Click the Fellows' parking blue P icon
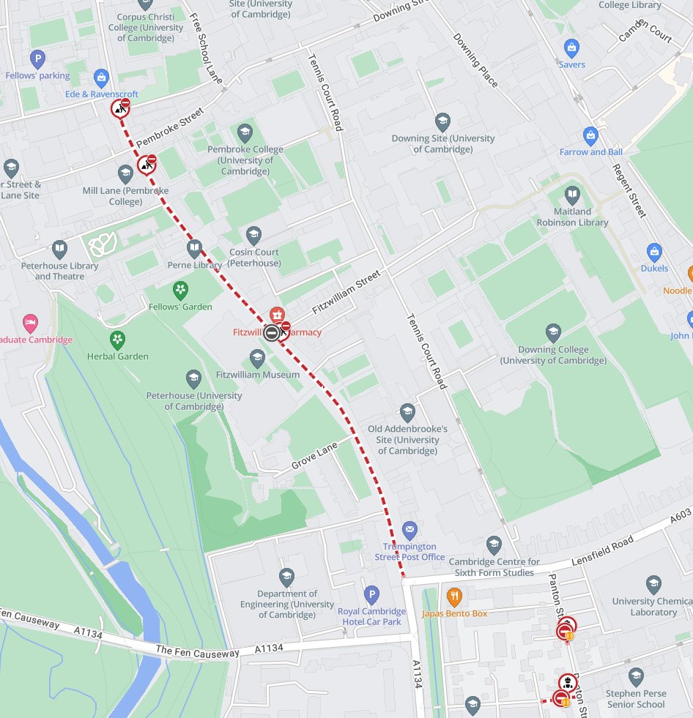(37, 59)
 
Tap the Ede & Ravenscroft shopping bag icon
(101, 78)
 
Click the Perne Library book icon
(194, 248)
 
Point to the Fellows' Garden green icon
(180, 291)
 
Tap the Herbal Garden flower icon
(117, 340)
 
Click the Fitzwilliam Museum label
(258, 375)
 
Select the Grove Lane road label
(314, 455)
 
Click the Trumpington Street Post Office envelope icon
(409, 528)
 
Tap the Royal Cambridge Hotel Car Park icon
(371, 594)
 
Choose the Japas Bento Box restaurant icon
(454, 597)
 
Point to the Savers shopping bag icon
(571, 48)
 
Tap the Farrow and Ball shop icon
(590, 135)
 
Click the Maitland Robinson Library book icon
(572, 195)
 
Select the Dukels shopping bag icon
(654, 253)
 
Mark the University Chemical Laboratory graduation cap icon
(653, 585)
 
